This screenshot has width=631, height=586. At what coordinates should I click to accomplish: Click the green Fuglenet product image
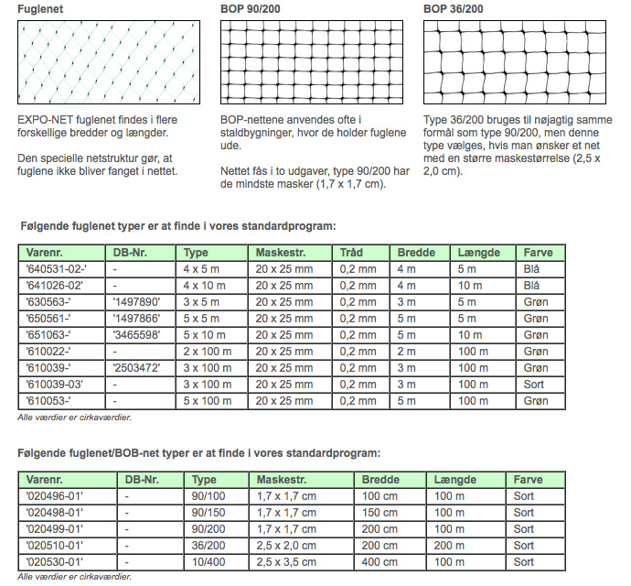108,62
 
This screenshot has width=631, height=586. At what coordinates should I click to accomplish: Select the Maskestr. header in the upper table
280,253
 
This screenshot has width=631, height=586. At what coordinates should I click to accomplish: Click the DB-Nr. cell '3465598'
141,335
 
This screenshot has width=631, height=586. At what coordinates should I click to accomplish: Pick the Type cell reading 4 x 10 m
206,286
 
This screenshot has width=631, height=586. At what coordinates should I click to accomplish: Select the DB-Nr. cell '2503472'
141,368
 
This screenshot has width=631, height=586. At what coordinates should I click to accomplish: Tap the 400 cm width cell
379,561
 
